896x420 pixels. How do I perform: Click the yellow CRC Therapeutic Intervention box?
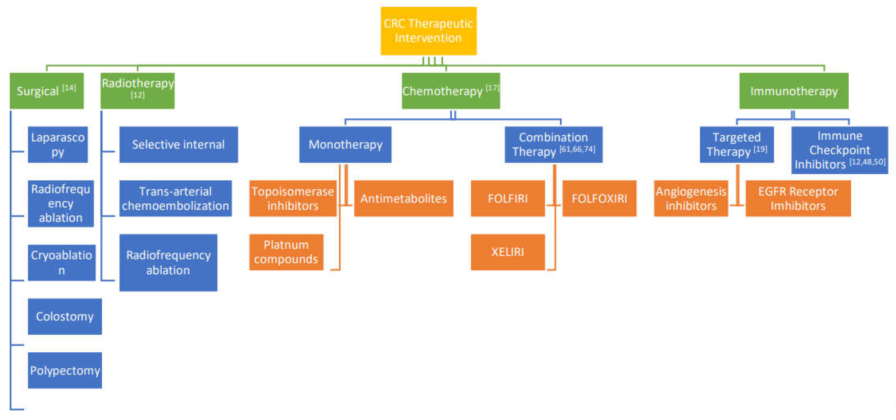(428, 31)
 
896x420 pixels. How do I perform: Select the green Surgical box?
(46, 91)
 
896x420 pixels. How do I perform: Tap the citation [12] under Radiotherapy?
(137, 95)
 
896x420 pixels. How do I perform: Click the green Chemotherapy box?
(450, 91)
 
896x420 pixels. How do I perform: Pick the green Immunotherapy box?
(793, 91)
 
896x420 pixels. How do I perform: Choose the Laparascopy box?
(58, 144)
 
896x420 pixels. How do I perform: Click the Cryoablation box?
(62, 262)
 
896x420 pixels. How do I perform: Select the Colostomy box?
(65, 316)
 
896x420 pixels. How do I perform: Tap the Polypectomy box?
(65, 370)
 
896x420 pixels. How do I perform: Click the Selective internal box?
(178, 144)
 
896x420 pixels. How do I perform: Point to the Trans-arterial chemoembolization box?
(175, 198)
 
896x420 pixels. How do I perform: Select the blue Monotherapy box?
(345, 144)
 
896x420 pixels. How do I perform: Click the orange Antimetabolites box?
(403, 198)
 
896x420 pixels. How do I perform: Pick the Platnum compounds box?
(286, 252)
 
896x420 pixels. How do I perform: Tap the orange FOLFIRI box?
(508, 198)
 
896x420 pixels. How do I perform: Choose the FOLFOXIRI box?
(599, 198)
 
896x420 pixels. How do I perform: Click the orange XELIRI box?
(508, 252)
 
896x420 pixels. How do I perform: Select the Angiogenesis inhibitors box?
(690, 198)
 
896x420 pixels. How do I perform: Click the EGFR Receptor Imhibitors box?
(798, 198)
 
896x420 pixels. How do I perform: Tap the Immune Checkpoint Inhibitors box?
(839, 150)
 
